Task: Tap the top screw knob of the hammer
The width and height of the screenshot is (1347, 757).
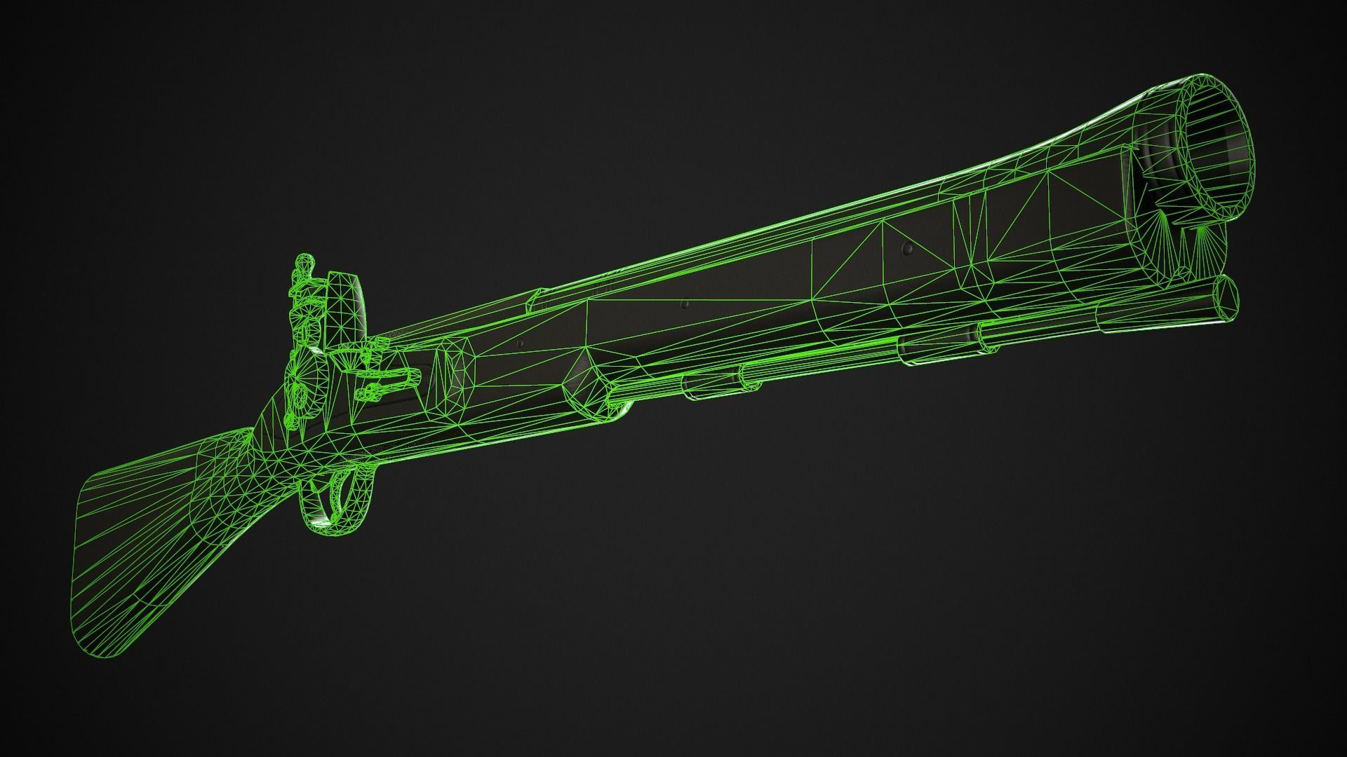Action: click(304, 262)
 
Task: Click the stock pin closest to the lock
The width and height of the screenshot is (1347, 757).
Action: click(521, 343)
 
